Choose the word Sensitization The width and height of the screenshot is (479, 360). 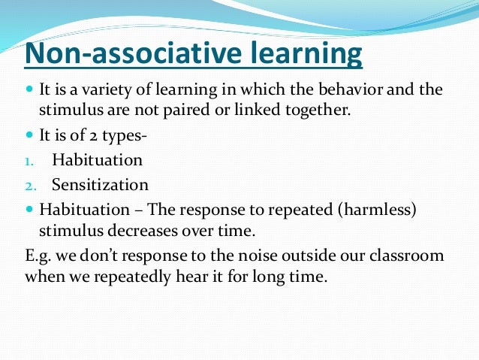point(100,185)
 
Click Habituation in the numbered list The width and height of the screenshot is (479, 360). point(97,161)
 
